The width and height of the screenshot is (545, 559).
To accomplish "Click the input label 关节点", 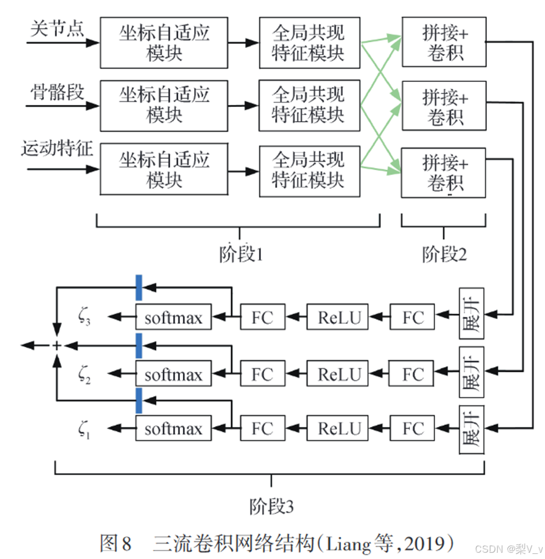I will click(57, 29).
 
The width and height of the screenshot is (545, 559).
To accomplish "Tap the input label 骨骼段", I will click(57, 92).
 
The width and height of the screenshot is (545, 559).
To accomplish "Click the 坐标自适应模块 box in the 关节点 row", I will click(164, 43).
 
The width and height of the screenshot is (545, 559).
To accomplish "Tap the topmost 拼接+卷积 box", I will click(444, 43).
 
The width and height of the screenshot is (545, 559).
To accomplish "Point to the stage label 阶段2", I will click(444, 254).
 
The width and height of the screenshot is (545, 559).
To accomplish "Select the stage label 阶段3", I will click(271, 506).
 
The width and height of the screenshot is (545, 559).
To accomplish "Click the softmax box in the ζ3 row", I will click(173, 317).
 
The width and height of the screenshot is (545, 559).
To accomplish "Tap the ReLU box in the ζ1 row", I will click(339, 428).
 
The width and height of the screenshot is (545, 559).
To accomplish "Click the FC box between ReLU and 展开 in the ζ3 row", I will click(413, 317).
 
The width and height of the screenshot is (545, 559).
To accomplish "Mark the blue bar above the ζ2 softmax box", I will click(138, 346).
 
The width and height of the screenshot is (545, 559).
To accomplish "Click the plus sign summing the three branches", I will click(56, 346).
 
